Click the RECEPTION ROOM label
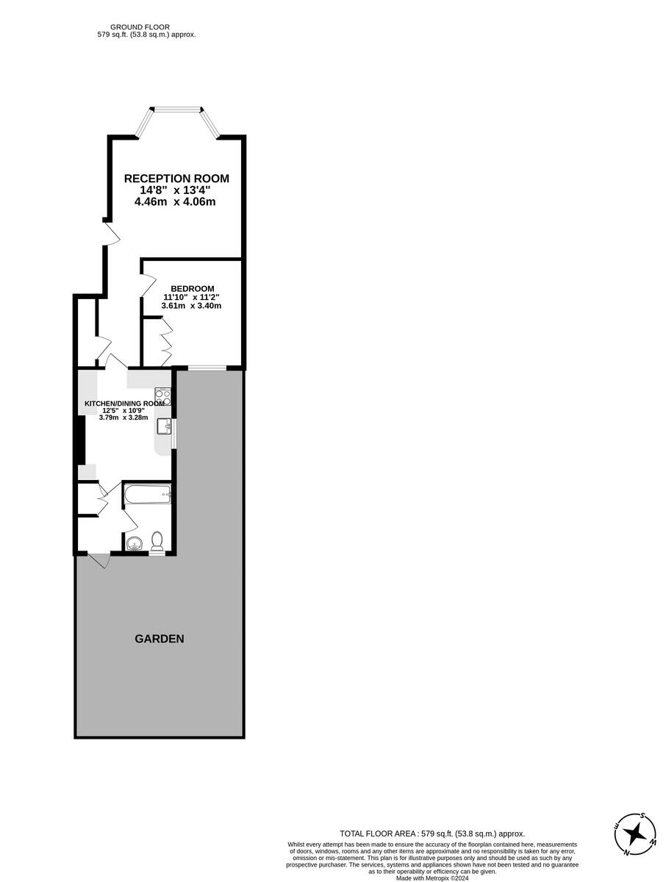point(176,179)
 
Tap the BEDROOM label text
point(193,288)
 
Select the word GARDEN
point(160,639)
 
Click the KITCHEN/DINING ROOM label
point(124,404)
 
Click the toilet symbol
point(157,542)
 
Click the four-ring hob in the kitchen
point(163,397)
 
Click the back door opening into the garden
point(99,560)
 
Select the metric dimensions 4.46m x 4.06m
point(175,202)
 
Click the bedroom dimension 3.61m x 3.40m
point(191,306)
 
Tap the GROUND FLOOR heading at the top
point(146,26)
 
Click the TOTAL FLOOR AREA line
point(432,833)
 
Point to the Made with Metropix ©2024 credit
point(432,878)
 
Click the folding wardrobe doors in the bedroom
point(166,342)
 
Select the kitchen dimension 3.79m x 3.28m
point(123,417)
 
